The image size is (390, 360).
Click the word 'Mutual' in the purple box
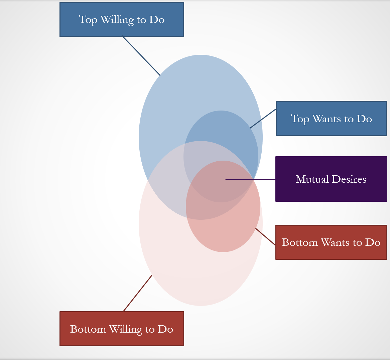tap(312, 179)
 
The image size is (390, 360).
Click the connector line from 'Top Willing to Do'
tap(141, 56)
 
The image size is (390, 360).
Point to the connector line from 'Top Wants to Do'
tap(263, 119)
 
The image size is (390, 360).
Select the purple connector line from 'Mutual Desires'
tap(251, 180)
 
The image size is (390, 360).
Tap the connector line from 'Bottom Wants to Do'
tap(265, 237)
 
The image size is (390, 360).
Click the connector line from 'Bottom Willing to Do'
tap(138, 293)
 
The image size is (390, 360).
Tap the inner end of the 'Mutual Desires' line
tap(226, 180)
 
